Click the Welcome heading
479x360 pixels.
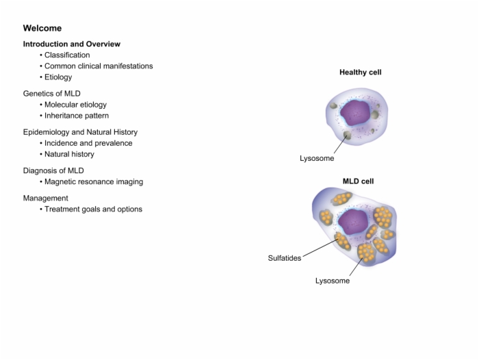click(x=42, y=28)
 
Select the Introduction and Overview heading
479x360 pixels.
click(x=71, y=44)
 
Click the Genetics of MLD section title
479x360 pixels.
click(x=51, y=94)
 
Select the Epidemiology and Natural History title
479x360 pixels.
click(x=80, y=132)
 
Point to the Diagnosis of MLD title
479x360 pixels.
click(x=53, y=170)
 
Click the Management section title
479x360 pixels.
click(x=46, y=198)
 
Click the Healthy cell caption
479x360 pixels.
click(x=361, y=73)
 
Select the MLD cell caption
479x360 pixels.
click(x=358, y=181)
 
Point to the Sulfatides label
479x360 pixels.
click(x=285, y=258)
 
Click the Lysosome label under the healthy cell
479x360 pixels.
click(x=317, y=158)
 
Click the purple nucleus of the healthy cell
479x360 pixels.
click(x=355, y=112)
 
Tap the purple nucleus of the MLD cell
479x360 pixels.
click(x=353, y=222)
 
